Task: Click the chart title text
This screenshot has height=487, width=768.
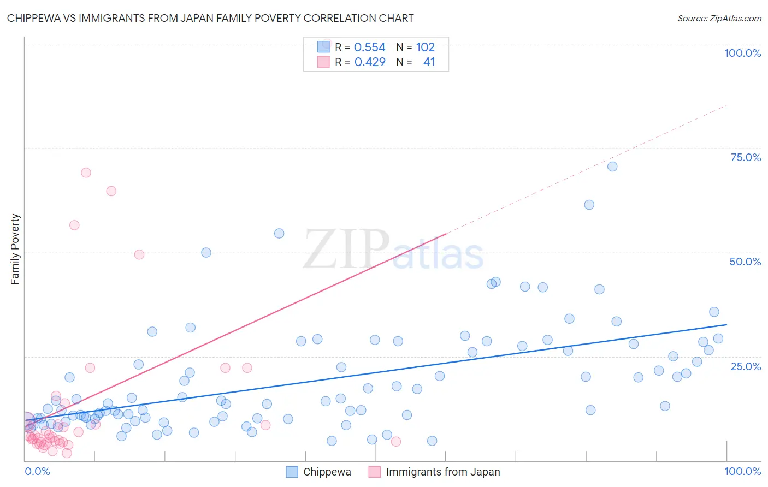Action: (x=210, y=18)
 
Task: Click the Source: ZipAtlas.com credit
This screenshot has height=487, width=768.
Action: (x=719, y=18)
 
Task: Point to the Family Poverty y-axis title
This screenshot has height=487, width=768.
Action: (x=15, y=249)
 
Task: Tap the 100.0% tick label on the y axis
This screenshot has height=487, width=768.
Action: (x=742, y=53)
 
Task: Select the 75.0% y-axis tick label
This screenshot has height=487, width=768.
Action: (x=746, y=157)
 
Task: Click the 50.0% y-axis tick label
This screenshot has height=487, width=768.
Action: (x=745, y=262)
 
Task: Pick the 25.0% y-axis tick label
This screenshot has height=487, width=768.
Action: (x=746, y=366)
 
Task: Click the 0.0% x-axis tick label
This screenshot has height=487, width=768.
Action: (x=37, y=471)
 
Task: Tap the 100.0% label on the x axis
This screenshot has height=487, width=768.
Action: (x=742, y=471)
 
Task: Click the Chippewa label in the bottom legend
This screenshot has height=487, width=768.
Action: (x=327, y=472)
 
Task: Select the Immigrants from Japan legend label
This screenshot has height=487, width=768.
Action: (x=442, y=472)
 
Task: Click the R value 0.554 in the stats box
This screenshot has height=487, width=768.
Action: (x=370, y=47)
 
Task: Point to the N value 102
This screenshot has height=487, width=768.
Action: (x=426, y=47)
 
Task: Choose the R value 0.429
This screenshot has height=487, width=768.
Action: (x=370, y=62)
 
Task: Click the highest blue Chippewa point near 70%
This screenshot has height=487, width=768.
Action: (x=612, y=167)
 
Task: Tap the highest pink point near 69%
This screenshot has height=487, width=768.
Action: (x=86, y=173)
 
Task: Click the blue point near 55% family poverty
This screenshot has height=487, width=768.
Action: (x=279, y=233)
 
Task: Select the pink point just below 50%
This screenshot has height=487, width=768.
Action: (x=139, y=254)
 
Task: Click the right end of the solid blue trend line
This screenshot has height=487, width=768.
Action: (x=726, y=325)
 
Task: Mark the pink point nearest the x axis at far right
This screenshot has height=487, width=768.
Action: (x=396, y=442)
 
